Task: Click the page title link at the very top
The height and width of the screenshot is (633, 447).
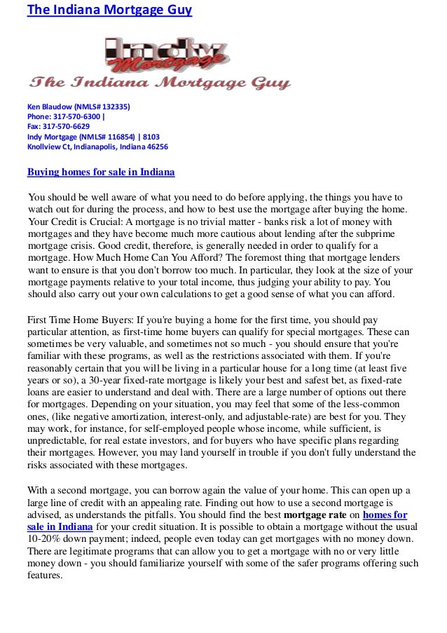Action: tap(109, 11)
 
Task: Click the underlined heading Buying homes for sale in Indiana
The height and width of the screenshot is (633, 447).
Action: tap(101, 172)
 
